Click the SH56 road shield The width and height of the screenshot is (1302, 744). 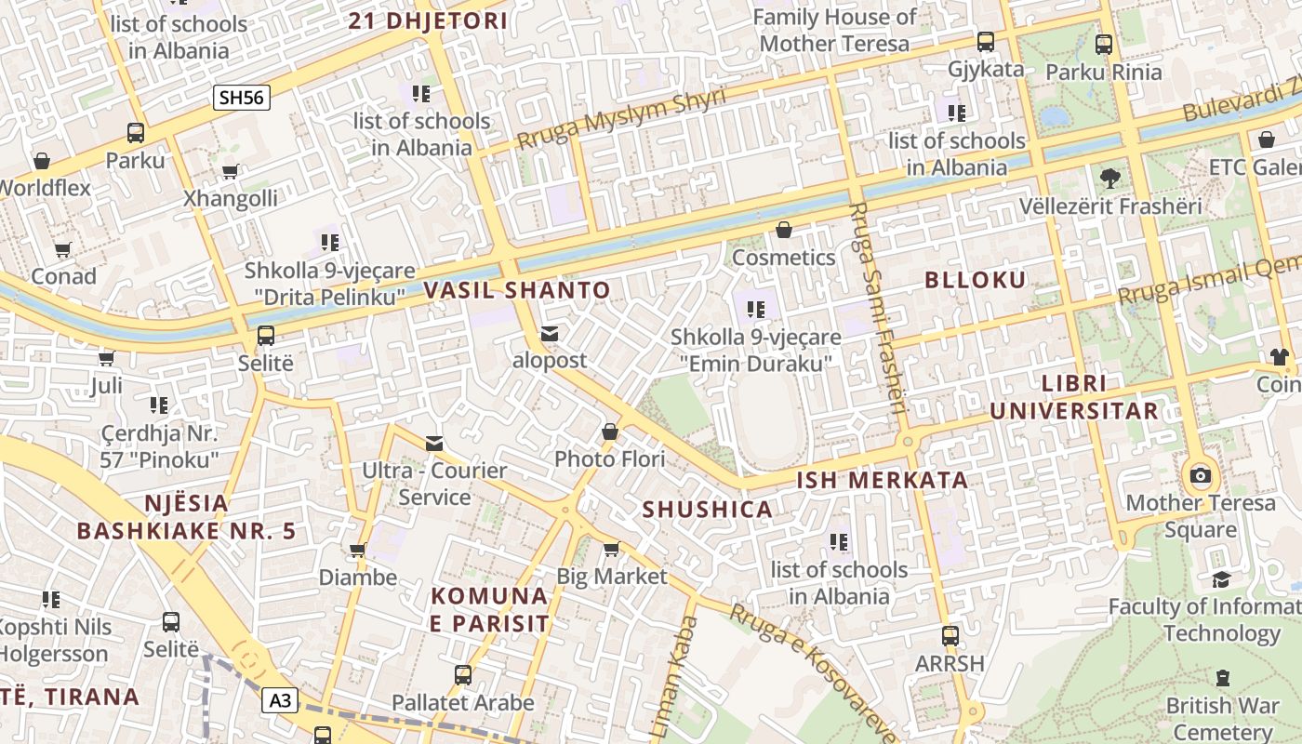pyautogui.click(x=242, y=97)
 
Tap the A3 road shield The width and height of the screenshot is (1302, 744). pyautogui.click(x=279, y=700)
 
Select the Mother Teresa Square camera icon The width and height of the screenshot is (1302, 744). pyautogui.click(x=1201, y=476)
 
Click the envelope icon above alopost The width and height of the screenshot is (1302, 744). pyautogui.click(x=550, y=334)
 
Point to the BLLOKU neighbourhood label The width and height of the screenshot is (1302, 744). pyautogui.click(x=976, y=280)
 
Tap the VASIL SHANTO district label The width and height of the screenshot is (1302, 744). pyautogui.click(x=517, y=290)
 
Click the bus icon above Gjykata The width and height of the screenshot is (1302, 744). pyautogui.click(x=986, y=42)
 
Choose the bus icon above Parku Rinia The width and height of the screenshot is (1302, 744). pyautogui.click(x=1104, y=44)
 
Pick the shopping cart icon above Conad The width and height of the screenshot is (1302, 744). pyautogui.click(x=62, y=250)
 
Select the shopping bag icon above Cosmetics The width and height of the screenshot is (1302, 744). pyautogui.click(x=784, y=230)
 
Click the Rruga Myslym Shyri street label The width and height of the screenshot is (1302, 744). pyautogui.click(x=620, y=120)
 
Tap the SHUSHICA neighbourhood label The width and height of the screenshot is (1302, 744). pyautogui.click(x=708, y=510)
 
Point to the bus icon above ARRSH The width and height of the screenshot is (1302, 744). pyautogui.click(x=950, y=636)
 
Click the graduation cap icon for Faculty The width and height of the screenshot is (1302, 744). pyautogui.click(x=1221, y=579)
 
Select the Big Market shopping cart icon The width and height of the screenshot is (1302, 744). pyautogui.click(x=611, y=550)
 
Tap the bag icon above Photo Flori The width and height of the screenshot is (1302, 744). pyautogui.click(x=610, y=432)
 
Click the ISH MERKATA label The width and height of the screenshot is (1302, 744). pyautogui.click(x=883, y=481)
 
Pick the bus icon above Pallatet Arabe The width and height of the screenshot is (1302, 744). pyautogui.click(x=463, y=675)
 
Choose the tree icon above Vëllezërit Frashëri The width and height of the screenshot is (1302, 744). pyautogui.click(x=1109, y=178)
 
